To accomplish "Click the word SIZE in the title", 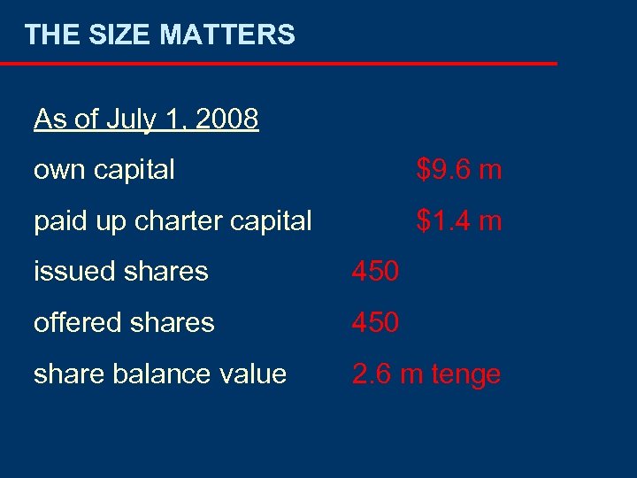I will point(111,35).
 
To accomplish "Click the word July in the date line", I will point(129,119).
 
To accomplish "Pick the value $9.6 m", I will point(459,169).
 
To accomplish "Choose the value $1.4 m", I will point(459,220).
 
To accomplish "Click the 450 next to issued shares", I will point(375,272).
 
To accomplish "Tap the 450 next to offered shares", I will point(375,323).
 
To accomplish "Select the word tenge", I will point(466,375).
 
